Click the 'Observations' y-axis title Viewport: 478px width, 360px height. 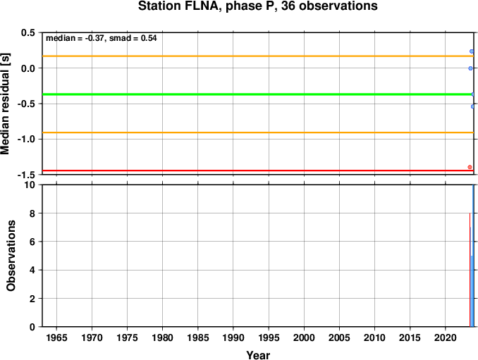point(11,256)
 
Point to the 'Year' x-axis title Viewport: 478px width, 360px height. point(257,355)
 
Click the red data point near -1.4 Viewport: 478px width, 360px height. point(470,167)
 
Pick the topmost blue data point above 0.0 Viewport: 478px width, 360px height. point(471,51)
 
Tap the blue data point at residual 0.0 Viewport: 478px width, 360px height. point(470,68)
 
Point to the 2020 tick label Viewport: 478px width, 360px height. point(446,337)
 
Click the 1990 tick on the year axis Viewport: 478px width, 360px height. point(233,337)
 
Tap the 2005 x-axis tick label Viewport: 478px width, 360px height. point(339,337)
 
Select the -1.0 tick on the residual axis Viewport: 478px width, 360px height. point(27,139)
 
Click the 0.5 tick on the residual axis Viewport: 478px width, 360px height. point(28,33)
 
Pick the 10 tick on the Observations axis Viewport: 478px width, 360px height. point(30,185)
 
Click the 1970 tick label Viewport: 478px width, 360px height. point(92,337)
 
